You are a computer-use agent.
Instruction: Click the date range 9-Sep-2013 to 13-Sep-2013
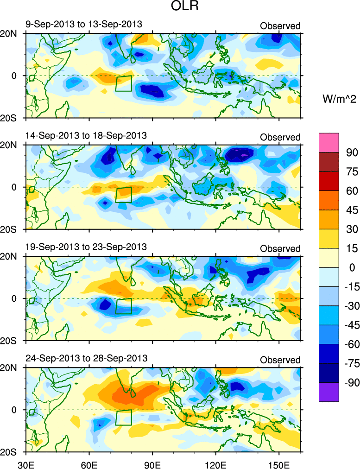click(84, 24)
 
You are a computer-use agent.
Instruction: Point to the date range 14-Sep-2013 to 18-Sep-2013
click(86, 135)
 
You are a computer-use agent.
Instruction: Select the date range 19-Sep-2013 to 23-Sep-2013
click(86, 247)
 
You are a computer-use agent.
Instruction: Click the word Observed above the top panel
click(280, 26)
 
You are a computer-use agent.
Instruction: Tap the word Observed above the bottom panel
click(280, 360)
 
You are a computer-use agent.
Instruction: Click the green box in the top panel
click(124, 83)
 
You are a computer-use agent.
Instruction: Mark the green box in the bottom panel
click(124, 417)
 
